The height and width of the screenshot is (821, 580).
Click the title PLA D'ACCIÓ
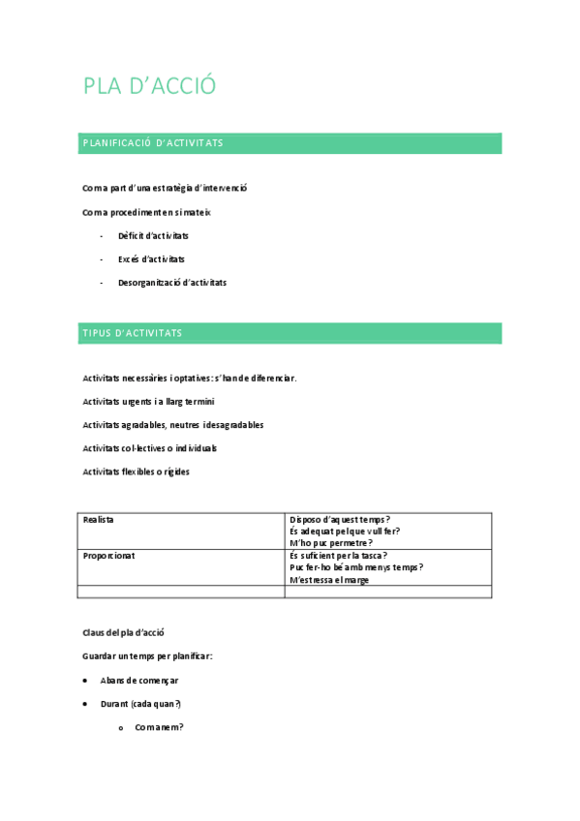tap(149, 86)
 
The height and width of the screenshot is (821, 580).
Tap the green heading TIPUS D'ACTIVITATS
tap(133, 333)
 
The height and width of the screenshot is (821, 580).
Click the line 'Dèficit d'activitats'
tap(153, 236)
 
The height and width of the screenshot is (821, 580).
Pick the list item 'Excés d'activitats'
tap(151, 259)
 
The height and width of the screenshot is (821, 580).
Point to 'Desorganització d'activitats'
tap(171, 283)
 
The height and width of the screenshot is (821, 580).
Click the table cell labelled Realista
tap(99, 520)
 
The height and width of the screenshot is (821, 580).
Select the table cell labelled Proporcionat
tap(108, 556)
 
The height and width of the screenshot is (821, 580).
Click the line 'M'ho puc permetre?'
tap(330, 543)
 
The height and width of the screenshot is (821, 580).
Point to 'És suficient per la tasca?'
tap(338, 556)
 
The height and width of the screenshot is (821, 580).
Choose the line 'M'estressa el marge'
tap(328, 580)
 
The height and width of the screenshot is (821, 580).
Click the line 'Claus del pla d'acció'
tap(123, 633)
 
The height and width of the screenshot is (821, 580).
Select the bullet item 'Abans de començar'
tap(138, 681)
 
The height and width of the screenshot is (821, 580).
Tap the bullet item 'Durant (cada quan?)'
tap(140, 704)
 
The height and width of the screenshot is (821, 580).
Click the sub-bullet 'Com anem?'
tap(159, 727)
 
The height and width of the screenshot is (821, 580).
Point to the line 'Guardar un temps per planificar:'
tap(147, 656)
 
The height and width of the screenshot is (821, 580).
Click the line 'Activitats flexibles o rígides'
tap(136, 471)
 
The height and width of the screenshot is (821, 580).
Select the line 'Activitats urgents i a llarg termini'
tap(148, 401)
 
